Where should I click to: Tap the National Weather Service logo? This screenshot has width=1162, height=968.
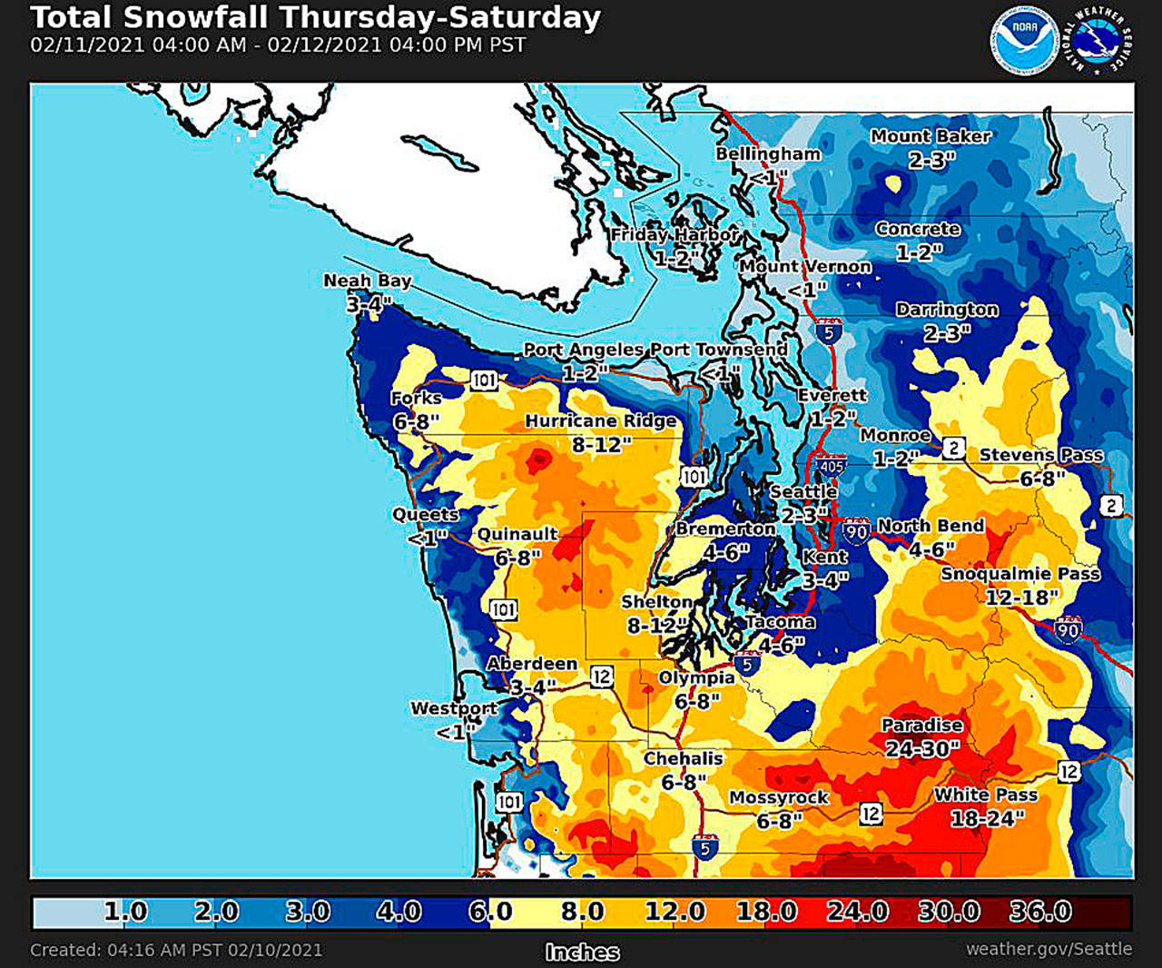[x=1101, y=41]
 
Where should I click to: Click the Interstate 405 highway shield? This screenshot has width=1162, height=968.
[x=831, y=466]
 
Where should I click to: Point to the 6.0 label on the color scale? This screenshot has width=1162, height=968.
[x=490, y=911]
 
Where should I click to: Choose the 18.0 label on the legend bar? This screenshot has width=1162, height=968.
[x=767, y=911]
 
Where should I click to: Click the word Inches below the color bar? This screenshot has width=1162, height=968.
[x=582, y=952]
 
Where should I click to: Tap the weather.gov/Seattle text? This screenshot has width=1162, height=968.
[x=1049, y=949]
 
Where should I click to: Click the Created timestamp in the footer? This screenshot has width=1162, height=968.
[x=176, y=950]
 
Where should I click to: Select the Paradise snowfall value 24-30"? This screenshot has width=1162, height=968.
[x=922, y=748]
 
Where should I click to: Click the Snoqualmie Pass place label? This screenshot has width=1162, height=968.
[x=1020, y=574]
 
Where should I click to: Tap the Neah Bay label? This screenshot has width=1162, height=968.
[x=368, y=281]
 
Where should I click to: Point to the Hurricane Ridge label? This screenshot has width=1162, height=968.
[x=601, y=421]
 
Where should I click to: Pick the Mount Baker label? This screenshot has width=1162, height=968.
[x=931, y=136]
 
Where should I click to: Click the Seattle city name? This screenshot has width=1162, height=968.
[x=803, y=491]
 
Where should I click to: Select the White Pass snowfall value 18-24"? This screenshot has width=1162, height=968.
[x=987, y=818]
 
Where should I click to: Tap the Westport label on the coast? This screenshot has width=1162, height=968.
[x=453, y=708]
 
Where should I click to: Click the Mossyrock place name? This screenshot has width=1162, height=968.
[x=779, y=797]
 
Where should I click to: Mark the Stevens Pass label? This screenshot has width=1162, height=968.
[x=1041, y=455]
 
